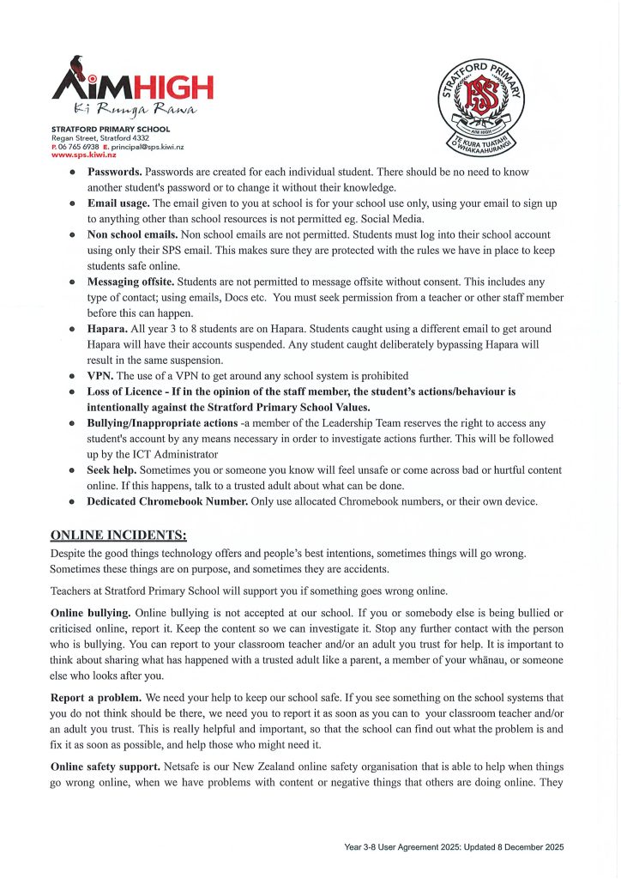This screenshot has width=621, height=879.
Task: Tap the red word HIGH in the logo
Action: click(x=170, y=87)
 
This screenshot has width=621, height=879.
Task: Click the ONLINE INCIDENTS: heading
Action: click(x=118, y=536)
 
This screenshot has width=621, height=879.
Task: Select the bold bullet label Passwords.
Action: click(x=115, y=173)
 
